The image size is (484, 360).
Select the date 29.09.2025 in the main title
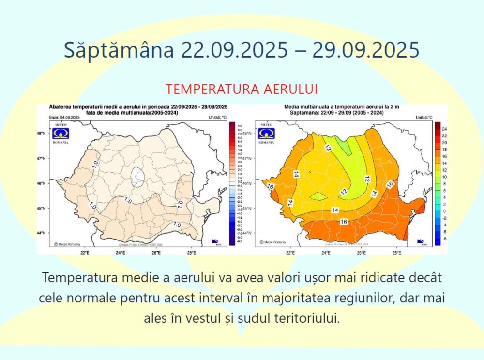(x=365, y=50)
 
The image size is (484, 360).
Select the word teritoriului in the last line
(x=305, y=318)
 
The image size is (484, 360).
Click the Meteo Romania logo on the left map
(x=61, y=133)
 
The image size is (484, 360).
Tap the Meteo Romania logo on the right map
(x=266, y=133)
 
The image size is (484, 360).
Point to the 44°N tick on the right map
(x=247, y=233)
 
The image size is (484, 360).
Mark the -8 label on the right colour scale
(x=445, y=239)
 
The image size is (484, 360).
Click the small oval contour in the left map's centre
(x=138, y=178)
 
